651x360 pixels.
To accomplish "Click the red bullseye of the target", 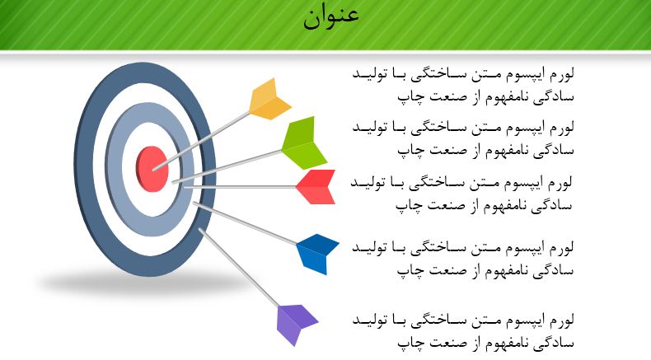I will [152, 168].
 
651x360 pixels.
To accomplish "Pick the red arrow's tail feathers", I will [316, 187].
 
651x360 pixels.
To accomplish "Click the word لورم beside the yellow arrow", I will [560, 75].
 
